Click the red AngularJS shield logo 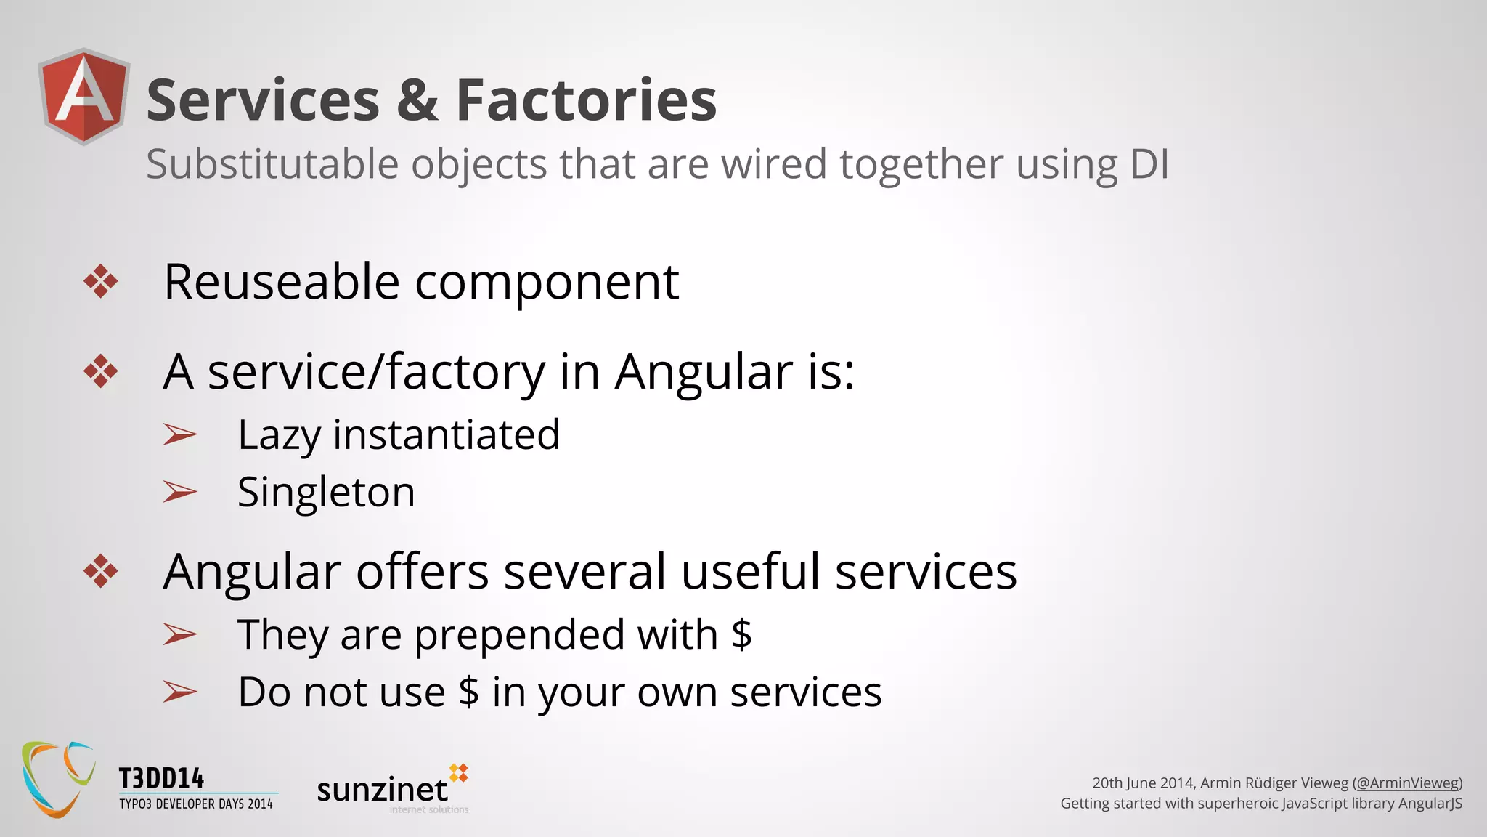[84, 97]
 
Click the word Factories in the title [586, 100]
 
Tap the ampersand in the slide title [417, 100]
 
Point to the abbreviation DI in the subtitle [1149, 164]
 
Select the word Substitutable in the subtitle [272, 164]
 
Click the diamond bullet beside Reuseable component [100, 282]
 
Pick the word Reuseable [282, 282]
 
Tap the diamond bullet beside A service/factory [100, 372]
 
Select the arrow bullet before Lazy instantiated [179, 434]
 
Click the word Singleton [326, 493]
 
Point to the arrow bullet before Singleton [179, 492]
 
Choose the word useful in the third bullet [750, 572]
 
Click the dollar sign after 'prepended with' [741, 634]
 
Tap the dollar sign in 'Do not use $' [469, 692]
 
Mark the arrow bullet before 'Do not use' [179, 692]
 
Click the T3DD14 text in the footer [161, 779]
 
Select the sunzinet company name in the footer [382, 789]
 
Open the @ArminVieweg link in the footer [1407, 783]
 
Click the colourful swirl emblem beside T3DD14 [58, 779]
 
